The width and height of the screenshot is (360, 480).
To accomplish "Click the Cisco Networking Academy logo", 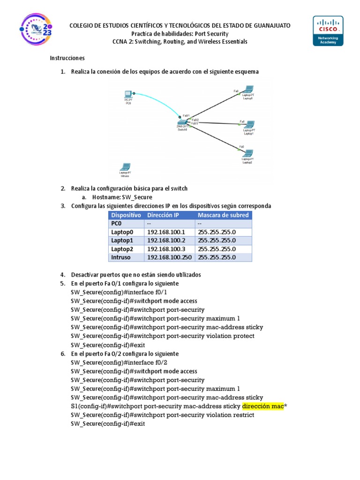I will tap(328, 30).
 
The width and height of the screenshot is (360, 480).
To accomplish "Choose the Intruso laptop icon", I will tap(125, 167).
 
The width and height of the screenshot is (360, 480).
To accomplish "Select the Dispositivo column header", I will tap(126, 215).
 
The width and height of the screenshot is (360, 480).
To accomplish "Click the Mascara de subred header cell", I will tap(223, 215).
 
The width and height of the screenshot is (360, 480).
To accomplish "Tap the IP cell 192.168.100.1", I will tap(166, 232).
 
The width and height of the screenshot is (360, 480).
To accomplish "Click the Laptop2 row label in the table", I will tap(122, 249).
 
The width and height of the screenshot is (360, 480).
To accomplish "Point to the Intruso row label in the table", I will tap(121, 257).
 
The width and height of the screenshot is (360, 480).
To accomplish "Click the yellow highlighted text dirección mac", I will tap(263, 406).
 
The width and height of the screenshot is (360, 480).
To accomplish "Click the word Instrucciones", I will tap(67, 58).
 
